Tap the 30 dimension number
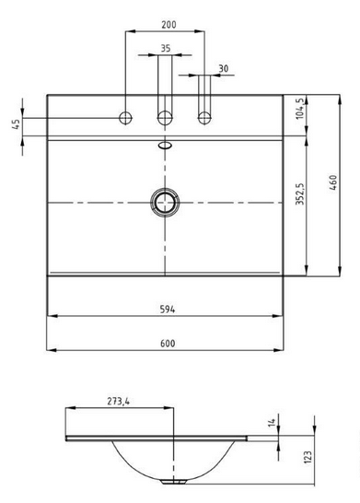point(224,69)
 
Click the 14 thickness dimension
point(298,422)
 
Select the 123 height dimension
point(311,458)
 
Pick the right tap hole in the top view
point(205,117)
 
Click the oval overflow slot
point(167,145)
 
